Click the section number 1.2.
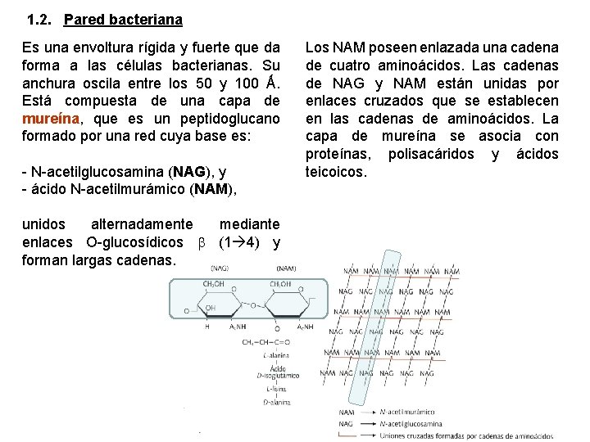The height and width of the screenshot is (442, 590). (x=39, y=18)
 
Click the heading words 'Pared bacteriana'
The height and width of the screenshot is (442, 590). (x=122, y=18)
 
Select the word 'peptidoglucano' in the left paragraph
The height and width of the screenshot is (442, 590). (x=234, y=117)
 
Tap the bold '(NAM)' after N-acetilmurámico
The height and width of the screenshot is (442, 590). (x=212, y=189)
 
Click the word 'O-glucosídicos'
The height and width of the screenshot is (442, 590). (x=134, y=242)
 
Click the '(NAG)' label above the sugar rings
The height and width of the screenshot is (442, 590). (x=220, y=268)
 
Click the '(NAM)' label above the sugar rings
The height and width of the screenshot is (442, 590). (x=286, y=268)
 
